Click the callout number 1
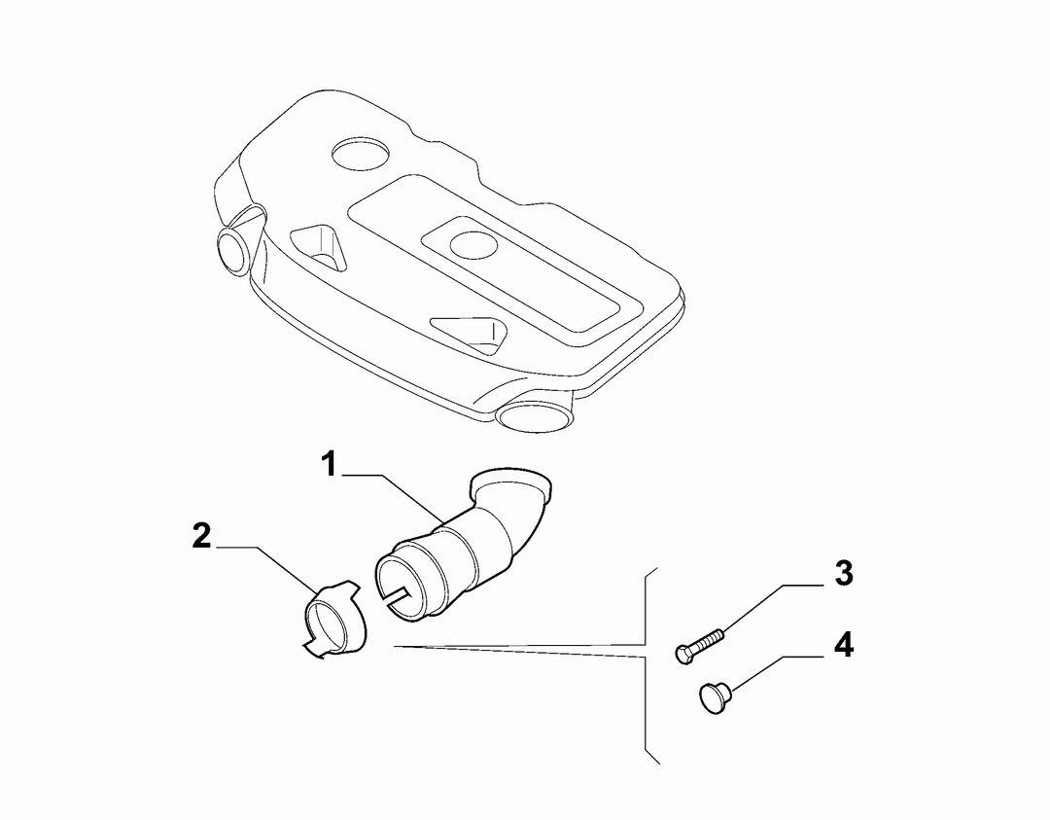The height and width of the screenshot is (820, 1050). pos(329,464)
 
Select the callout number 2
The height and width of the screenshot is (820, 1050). pos(201,537)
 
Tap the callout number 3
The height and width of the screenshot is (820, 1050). pos(844,574)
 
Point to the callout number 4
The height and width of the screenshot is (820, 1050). pos(844,646)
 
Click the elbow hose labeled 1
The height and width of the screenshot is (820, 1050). pos(462,544)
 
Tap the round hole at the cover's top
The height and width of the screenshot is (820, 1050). pos(361,154)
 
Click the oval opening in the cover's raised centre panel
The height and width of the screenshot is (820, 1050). pos(473,244)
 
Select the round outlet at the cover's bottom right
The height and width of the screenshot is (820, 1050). pos(536,415)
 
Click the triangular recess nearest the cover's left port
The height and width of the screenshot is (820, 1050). pos(320,247)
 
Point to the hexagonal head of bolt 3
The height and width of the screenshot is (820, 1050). pos(683,654)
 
